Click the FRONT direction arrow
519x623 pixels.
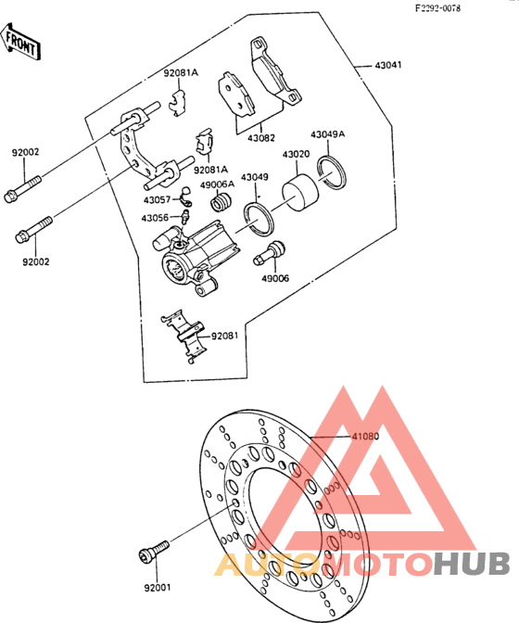pyautogui.click(x=20, y=42)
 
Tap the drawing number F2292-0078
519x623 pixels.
pyautogui.click(x=438, y=8)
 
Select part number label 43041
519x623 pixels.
pyautogui.click(x=388, y=65)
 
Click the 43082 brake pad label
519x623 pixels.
pyautogui.click(x=260, y=138)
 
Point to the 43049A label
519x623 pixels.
pyautogui.click(x=327, y=134)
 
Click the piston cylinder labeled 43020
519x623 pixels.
pyautogui.click(x=300, y=193)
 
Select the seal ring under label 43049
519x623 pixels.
pyautogui.click(x=259, y=220)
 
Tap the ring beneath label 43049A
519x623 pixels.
pyautogui.click(x=332, y=172)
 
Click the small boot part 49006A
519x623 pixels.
pyautogui.click(x=221, y=202)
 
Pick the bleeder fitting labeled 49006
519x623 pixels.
pyautogui.click(x=269, y=253)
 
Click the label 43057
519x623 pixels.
pyautogui.click(x=157, y=200)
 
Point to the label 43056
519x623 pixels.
pyautogui.click(x=155, y=218)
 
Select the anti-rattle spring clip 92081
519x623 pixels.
pyautogui.click(x=184, y=337)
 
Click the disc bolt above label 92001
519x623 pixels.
pyautogui.click(x=154, y=551)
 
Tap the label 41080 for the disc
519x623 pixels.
pyautogui.click(x=365, y=437)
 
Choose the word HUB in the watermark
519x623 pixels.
pyautogui.click(x=472, y=564)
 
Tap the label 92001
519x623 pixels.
pyautogui.click(x=158, y=587)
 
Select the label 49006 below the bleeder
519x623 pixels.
pyautogui.click(x=275, y=278)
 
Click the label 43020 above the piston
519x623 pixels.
pyautogui.click(x=296, y=154)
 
